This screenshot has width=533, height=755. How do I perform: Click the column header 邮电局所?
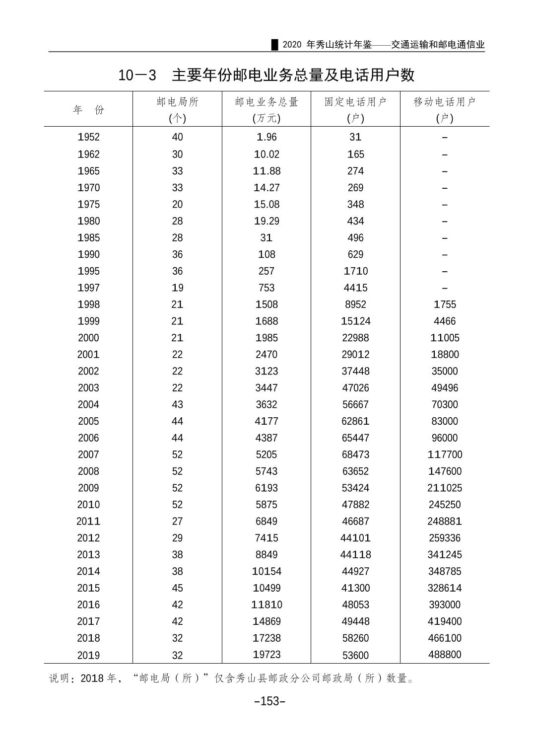(x=177, y=102)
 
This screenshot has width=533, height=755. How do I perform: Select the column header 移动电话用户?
(x=444, y=102)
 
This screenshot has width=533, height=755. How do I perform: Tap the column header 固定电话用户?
(x=355, y=102)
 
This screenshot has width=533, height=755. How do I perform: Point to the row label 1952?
(x=88, y=137)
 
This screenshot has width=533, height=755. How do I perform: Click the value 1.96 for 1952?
(x=266, y=137)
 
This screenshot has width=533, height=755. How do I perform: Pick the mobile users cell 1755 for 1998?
(x=444, y=304)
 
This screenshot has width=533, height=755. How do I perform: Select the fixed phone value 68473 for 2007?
(x=355, y=454)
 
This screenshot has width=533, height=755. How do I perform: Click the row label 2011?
(x=88, y=522)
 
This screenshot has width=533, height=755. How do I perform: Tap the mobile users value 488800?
(x=444, y=655)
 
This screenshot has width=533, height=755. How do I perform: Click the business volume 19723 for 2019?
(x=266, y=655)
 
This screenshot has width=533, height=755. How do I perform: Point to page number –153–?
(x=269, y=701)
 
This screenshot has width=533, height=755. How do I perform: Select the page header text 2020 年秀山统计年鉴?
(x=327, y=45)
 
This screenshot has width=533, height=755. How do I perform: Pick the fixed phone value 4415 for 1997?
(x=355, y=288)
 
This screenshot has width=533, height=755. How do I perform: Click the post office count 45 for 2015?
(x=177, y=588)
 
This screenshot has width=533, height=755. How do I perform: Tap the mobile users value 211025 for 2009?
(x=444, y=488)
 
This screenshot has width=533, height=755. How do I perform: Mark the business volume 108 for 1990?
(x=266, y=254)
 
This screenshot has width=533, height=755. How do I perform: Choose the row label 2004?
(x=88, y=404)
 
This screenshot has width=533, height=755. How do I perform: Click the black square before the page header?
(x=274, y=45)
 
